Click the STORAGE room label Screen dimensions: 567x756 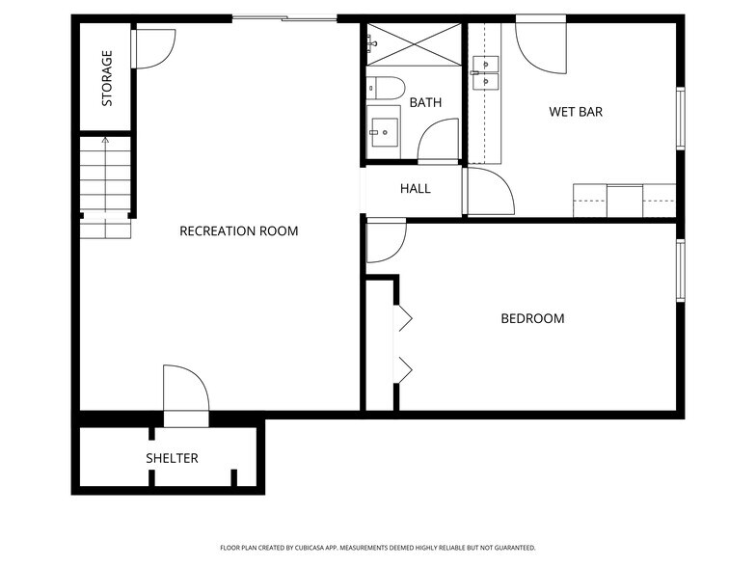pyautogui.click(x=107, y=78)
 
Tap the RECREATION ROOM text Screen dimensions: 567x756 pyautogui.click(x=239, y=231)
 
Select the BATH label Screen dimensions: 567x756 pyautogui.click(x=425, y=102)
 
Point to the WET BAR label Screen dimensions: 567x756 pyautogui.click(x=576, y=112)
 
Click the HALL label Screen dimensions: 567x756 pyautogui.click(x=416, y=188)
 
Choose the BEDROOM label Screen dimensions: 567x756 pyautogui.click(x=532, y=318)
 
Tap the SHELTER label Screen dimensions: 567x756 pyautogui.click(x=173, y=458)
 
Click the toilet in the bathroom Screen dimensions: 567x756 pyautogui.click(x=387, y=89)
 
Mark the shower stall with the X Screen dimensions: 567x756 pyautogui.click(x=414, y=44)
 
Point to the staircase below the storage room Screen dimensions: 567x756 pyautogui.click(x=104, y=188)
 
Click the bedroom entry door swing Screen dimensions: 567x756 pyautogui.click(x=386, y=240)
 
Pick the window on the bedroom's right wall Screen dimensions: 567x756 pyautogui.click(x=680, y=269)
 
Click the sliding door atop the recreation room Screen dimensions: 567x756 pyautogui.click(x=283, y=18)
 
